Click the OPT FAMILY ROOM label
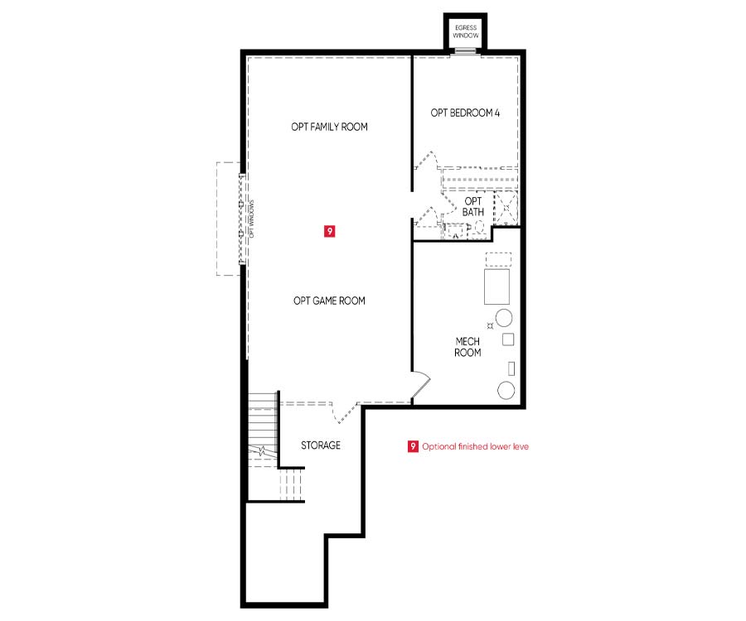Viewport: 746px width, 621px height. click(329, 127)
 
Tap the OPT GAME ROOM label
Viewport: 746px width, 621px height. click(329, 301)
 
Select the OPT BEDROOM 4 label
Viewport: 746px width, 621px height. click(465, 113)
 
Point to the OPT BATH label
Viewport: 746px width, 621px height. click(473, 207)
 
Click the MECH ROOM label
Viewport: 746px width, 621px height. click(467, 347)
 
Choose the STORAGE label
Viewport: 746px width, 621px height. click(321, 445)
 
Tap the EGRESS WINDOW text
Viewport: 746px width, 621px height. click(466, 31)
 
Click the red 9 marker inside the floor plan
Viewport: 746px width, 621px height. click(329, 231)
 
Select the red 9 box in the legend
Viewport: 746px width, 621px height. click(413, 446)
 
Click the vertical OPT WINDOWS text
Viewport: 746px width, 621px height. click(252, 219)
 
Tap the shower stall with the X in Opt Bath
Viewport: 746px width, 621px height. click(506, 208)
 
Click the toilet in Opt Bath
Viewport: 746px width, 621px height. click(478, 227)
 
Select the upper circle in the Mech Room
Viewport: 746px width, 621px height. click(504, 317)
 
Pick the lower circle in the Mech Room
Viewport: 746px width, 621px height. click(506, 390)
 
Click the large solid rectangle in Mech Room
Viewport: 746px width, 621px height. click(497, 286)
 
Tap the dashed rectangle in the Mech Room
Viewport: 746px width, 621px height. click(498, 259)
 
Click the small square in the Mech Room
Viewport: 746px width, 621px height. click(508, 339)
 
